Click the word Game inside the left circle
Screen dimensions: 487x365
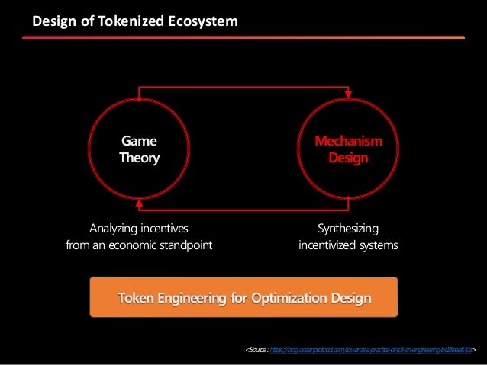139,141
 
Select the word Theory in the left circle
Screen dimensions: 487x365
139,158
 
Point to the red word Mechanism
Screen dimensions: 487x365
349,141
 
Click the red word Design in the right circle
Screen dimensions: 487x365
348,158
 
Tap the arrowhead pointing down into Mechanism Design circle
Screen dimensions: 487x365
349,96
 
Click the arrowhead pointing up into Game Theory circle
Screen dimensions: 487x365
139,203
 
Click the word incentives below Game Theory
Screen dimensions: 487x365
164,228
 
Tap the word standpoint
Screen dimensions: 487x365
185,245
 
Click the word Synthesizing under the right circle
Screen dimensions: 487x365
347,228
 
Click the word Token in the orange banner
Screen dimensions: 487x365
137,296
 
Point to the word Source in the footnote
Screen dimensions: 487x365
256,350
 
